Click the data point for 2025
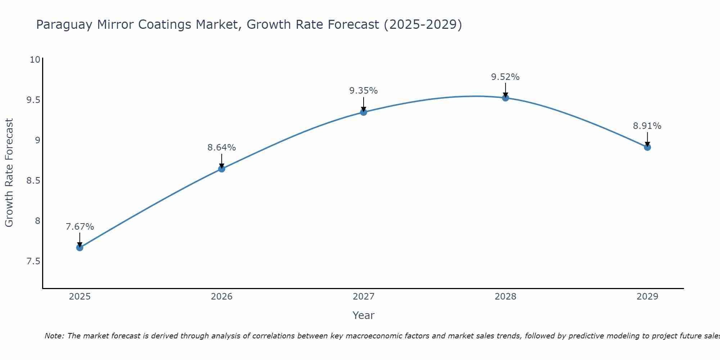tap(80, 248)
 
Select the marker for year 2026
tap(221, 169)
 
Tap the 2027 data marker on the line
tap(364, 112)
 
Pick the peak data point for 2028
tap(505, 98)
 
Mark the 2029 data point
tap(647, 147)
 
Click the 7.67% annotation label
tap(80, 227)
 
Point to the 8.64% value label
tap(221, 148)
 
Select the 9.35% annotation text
tap(364, 91)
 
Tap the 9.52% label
tap(505, 77)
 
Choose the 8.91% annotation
tap(647, 126)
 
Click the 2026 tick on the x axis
tap(221, 297)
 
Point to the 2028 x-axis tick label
tap(505, 297)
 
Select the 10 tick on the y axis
tap(35, 59)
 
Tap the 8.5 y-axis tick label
tap(33, 180)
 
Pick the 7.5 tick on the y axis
tap(33, 261)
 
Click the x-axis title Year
tap(364, 315)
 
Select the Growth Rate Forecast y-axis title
tap(9, 173)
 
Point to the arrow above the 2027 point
tap(364, 104)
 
